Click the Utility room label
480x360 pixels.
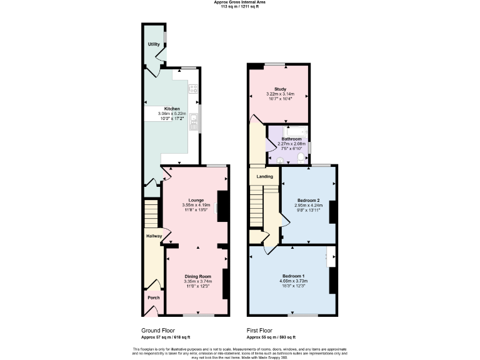pos(154,44)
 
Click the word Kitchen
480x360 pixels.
pos(172,108)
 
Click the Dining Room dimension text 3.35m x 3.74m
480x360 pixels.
pos(197,281)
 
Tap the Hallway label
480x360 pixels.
pos(154,236)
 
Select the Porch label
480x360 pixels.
pos(153,297)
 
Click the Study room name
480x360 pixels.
pos(279,89)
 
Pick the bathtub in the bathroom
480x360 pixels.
pos(293,131)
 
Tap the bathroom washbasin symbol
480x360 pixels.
pos(279,159)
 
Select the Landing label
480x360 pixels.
pos(264,177)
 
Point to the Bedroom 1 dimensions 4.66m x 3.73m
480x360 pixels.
pos(293,281)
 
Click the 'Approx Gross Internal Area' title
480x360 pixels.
pos(240,2)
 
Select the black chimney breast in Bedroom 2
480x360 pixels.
pos(333,212)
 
